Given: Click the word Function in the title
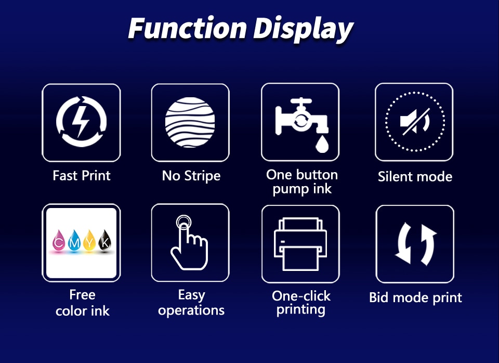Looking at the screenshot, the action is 188,28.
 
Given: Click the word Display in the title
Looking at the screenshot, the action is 303,30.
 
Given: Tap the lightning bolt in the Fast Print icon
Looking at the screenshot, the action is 80,121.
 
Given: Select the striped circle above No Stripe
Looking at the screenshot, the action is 190,122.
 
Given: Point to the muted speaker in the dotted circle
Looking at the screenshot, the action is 415,121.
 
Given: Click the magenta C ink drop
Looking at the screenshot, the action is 59,241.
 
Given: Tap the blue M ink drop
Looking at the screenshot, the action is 74,241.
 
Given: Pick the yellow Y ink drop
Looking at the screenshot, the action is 89,241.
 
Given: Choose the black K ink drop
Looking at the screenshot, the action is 105,241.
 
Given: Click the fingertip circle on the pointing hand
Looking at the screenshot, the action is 183,222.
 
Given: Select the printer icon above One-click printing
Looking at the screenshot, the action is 300,244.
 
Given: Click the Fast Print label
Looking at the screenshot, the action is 82,176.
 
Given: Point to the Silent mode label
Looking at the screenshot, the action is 415,176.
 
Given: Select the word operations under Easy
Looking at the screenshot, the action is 191,310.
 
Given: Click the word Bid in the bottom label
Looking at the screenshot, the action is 379,297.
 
